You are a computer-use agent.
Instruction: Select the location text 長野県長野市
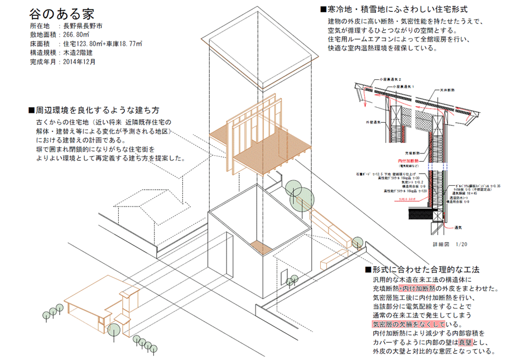[83, 26]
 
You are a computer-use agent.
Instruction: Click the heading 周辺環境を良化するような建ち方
[102, 109]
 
